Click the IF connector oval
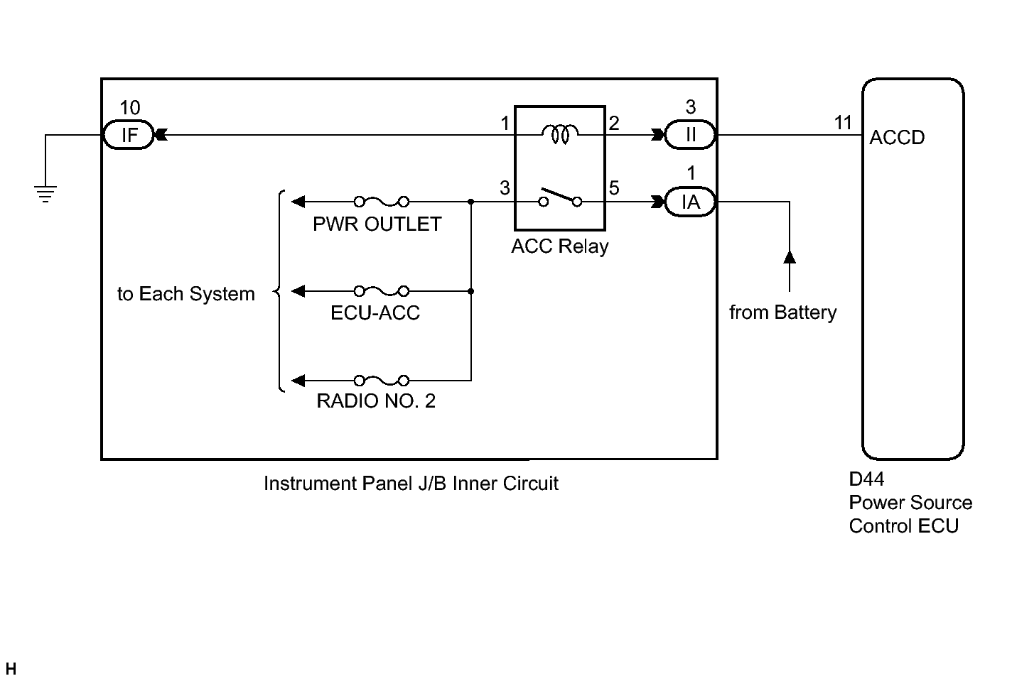[x=129, y=135]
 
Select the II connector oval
[x=690, y=135]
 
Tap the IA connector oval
[x=690, y=202]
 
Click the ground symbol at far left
[x=45, y=193]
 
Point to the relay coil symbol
[x=560, y=133]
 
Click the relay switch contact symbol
[x=560, y=197]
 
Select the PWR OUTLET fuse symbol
[x=382, y=202]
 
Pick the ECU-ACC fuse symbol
[x=382, y=290]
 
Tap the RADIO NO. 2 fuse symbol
[x=382, y=380]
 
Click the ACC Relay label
[x=560, y=246]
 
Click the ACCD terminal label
[x=897, y=138]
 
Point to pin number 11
[x=843, y=123]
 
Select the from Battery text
[x=782, y=312]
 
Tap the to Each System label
[x=186, y=294]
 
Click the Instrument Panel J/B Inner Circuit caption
[x=411, y=484]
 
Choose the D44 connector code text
[x=866, y=479]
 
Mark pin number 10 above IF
[x=130, y=108]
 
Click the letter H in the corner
[x=11, y=669]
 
